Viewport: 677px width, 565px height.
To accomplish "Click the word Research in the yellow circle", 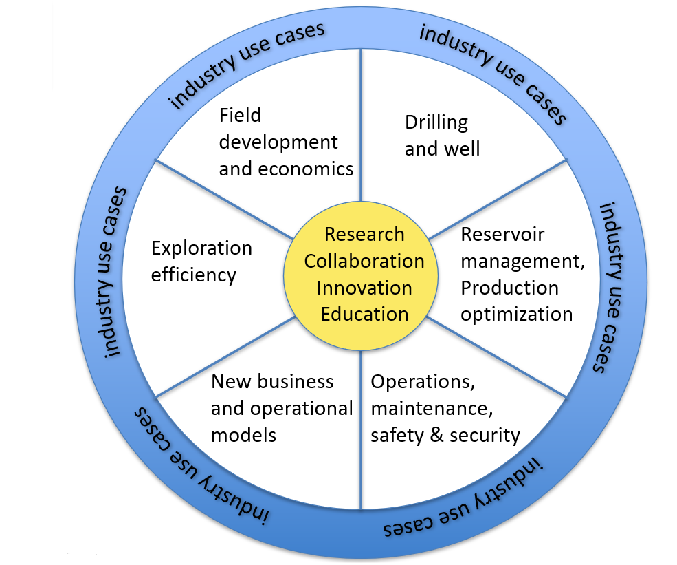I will [x=364, y=235].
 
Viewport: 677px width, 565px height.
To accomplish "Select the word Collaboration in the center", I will [x=364, y=262].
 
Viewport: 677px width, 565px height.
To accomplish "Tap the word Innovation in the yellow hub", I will [x=364, y=288].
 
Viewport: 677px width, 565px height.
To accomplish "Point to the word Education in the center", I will [x=364, y=315].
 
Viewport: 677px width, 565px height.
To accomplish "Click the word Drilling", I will [x=436, y=123].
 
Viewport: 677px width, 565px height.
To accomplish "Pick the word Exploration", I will [x=201, y=248].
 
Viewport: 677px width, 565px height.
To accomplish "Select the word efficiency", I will [x=193, y=275].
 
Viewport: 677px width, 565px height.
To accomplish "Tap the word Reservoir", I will [x=502, y=235].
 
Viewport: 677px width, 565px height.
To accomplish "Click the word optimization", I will [x=516, y=315].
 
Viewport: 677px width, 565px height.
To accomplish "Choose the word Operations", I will [x=422, y=382].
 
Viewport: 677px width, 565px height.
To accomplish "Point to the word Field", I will [x=240, y=115].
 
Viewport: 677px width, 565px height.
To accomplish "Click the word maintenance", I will [x=431, y=409].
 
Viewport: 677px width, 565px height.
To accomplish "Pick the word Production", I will [x=509, y=288].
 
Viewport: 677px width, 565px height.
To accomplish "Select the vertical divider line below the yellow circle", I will [x=362, y=427].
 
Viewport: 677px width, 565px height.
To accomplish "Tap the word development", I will [x=278, y=142].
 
